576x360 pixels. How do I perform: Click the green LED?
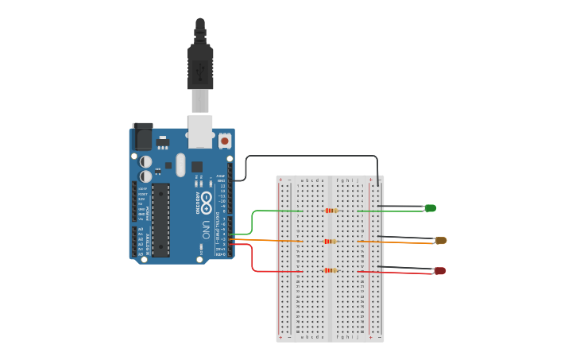coord(430,208)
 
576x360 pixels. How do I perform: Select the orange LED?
coord(440,240)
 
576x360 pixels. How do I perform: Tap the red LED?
coord(439,271)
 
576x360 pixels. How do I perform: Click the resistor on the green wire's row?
coord(331,211)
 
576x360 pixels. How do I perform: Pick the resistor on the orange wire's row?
coord(331,241)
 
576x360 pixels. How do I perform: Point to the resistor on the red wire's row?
coord(331,270)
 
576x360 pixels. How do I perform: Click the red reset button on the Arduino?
coord(224,141)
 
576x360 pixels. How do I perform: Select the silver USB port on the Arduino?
coord(200,131)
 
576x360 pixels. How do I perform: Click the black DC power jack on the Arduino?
coord(143,137)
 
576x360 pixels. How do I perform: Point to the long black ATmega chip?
coord(161,220)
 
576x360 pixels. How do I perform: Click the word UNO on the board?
coord(206,230)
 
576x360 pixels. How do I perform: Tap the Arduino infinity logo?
coord(206,199)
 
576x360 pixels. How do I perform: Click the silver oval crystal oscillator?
coord(180,165)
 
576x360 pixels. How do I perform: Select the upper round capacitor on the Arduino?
coord(145,161)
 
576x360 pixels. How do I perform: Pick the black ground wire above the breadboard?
coord(310,157)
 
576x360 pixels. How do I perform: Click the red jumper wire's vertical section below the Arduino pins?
coord(253,258)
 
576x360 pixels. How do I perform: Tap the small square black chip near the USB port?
coord(196,167)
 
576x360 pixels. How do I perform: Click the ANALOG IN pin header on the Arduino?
coord(133,242)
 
